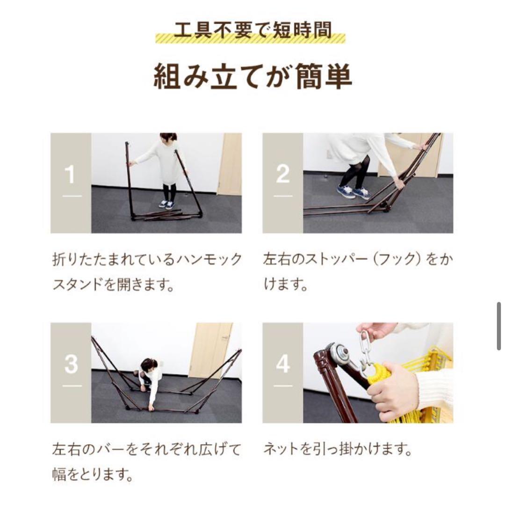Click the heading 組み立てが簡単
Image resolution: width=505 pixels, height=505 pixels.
tap(252, 77)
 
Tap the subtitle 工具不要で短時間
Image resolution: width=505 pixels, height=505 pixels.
tap(252, 31)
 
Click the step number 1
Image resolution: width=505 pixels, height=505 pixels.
tap(71, 176)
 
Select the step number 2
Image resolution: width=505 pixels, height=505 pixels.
tap(282, 175)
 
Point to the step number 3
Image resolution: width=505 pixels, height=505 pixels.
tap(71, 364)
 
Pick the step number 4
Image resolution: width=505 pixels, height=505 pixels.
tap(282, 364)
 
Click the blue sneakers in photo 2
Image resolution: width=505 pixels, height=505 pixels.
tap(353, 192)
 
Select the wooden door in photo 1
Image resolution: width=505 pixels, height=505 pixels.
tap(230, 164)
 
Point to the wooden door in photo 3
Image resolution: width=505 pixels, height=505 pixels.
tap(210, 349)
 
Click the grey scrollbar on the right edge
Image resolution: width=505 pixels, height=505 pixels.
tap(499, 326)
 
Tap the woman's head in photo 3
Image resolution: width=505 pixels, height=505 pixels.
tap(149, 365)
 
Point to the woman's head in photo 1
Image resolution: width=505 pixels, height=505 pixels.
tap(168, 137)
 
